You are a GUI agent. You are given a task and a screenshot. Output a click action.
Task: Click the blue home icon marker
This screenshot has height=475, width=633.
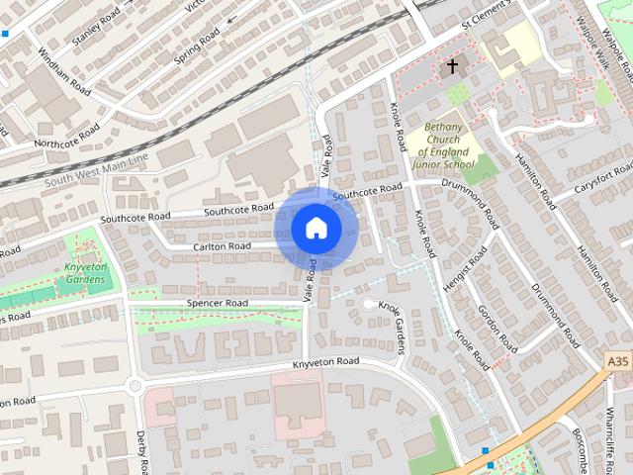coord(316,229)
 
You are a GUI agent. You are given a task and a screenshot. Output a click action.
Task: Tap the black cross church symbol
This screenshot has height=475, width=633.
coord(452,67)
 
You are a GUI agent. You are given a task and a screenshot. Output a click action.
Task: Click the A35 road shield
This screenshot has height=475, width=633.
coord(618,362)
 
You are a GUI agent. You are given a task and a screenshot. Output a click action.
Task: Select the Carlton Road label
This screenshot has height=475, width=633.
coord(222,246)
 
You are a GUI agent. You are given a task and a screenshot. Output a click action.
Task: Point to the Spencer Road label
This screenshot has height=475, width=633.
coord(219,303)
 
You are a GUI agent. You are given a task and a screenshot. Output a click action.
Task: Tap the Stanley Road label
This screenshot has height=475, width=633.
coord(96,28)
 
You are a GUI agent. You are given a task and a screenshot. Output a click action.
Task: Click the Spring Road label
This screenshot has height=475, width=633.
coord(197,46)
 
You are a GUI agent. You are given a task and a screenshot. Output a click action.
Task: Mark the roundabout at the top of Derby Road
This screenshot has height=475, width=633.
coord(135,387)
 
